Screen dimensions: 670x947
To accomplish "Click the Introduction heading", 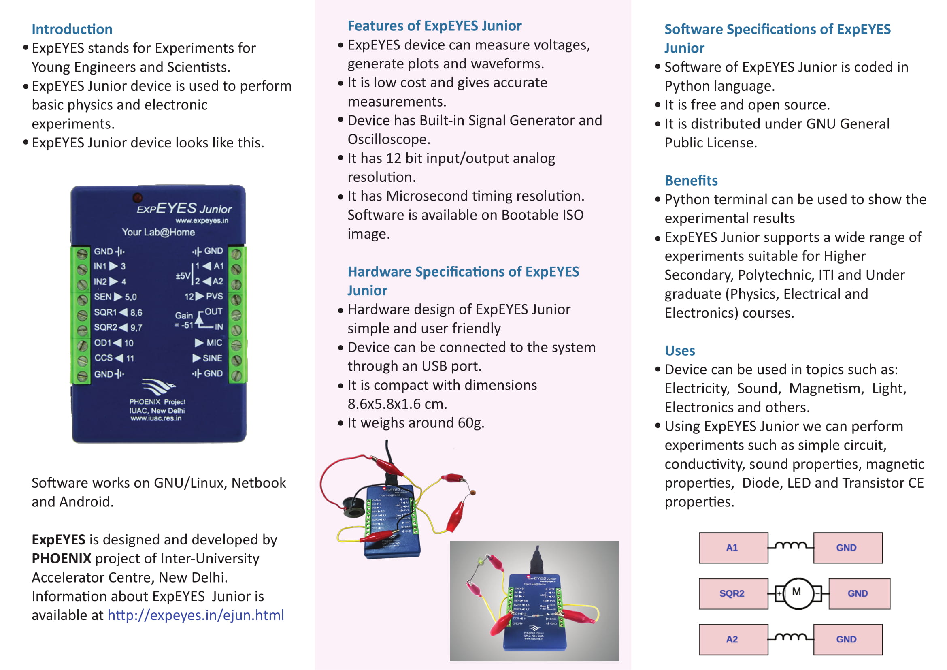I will pos(72,29).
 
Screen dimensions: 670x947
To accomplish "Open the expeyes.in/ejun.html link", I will pos(196,615).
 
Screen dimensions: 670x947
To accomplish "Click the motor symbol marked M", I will pos(798,593).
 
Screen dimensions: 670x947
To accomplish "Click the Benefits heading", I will pos(691,181).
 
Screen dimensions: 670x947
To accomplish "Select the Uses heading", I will pos(679,351).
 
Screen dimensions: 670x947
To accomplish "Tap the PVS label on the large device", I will pos(215,296).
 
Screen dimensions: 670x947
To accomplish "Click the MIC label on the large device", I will pos(214,343).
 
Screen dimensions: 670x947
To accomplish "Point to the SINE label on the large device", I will pos(212,358).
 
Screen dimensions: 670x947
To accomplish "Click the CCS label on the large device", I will pos(104,358).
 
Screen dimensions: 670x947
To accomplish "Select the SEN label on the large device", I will pos(102,297).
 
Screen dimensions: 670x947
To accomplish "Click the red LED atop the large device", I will pos(137,198).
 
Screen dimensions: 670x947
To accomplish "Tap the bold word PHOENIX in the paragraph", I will pos(62,559).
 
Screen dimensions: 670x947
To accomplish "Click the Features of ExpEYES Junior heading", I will pos(434,26).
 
